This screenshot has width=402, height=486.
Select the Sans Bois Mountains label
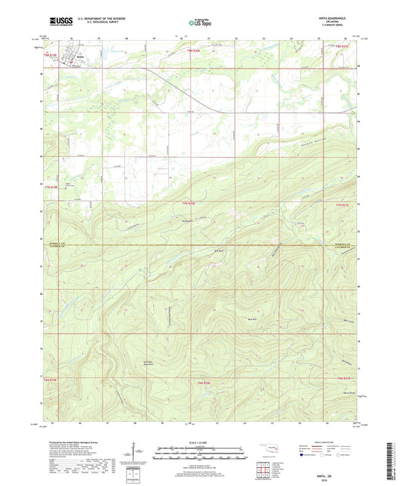[149, 364]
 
